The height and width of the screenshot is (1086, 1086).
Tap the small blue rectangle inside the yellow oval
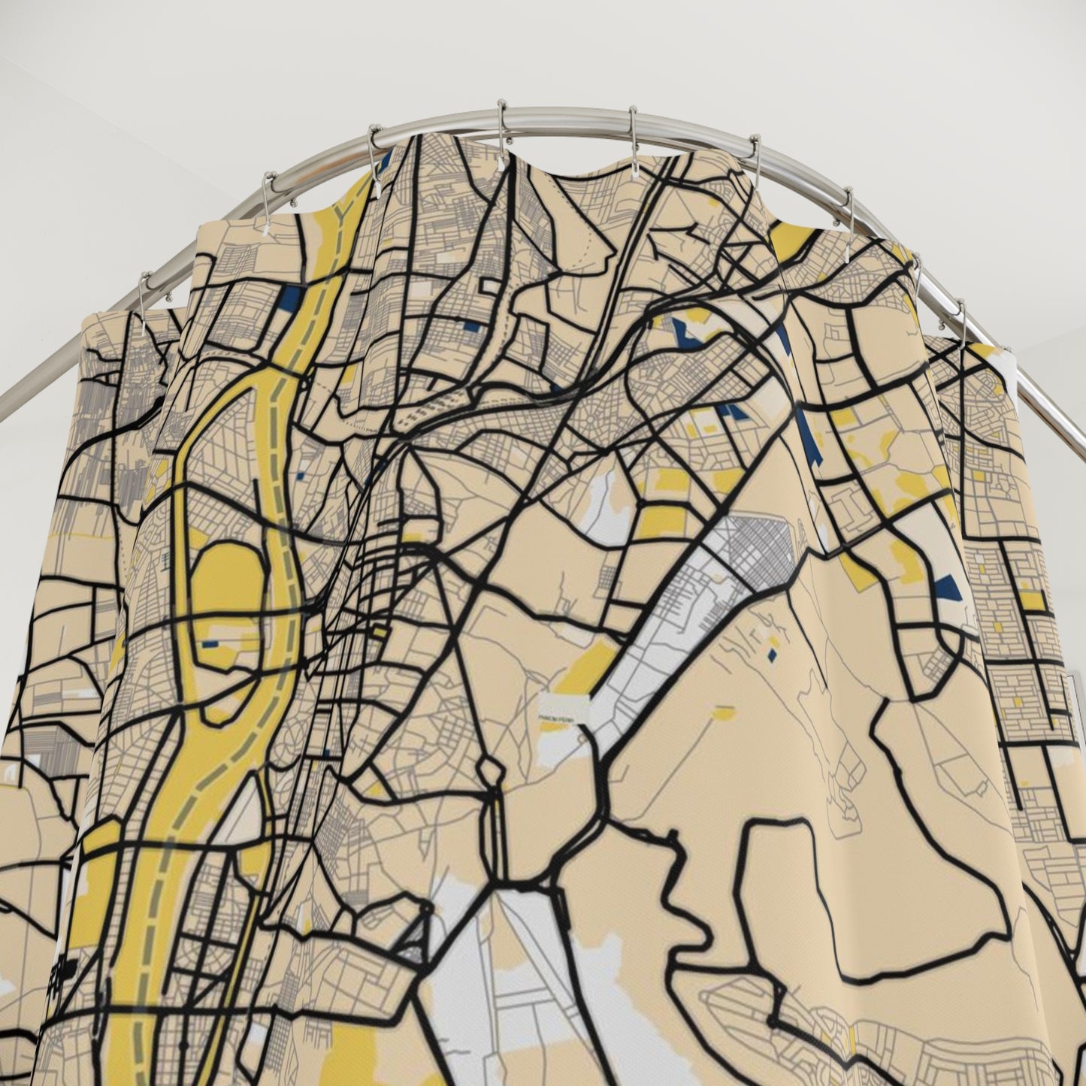click(x=210, y=644)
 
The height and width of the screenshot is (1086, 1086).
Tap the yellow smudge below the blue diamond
click(x=725, y=711)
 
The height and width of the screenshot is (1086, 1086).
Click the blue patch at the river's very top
click(x=386, y=159)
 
